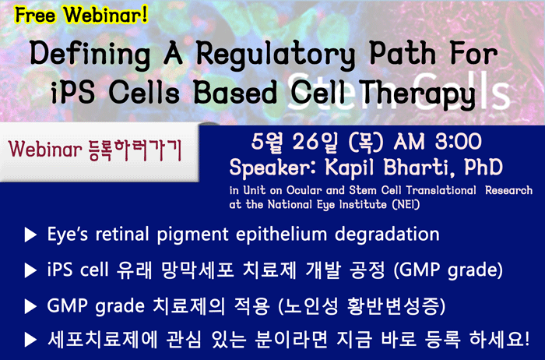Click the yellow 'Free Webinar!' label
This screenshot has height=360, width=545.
click(81, 16)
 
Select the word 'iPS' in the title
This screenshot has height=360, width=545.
click(72, 93)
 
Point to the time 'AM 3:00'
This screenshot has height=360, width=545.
click(438, 142)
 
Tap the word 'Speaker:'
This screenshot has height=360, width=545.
click(274, 168)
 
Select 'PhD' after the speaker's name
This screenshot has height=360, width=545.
click(483, 167)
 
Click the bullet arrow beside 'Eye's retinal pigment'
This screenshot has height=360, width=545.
click(30, 235)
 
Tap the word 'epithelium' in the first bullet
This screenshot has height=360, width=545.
click(282, 235)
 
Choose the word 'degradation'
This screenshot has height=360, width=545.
click(387, 235)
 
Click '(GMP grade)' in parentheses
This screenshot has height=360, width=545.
click(448, 270)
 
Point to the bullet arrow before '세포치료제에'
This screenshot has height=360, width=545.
click(30, 340)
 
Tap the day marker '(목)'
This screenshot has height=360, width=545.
click(366, 143)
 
